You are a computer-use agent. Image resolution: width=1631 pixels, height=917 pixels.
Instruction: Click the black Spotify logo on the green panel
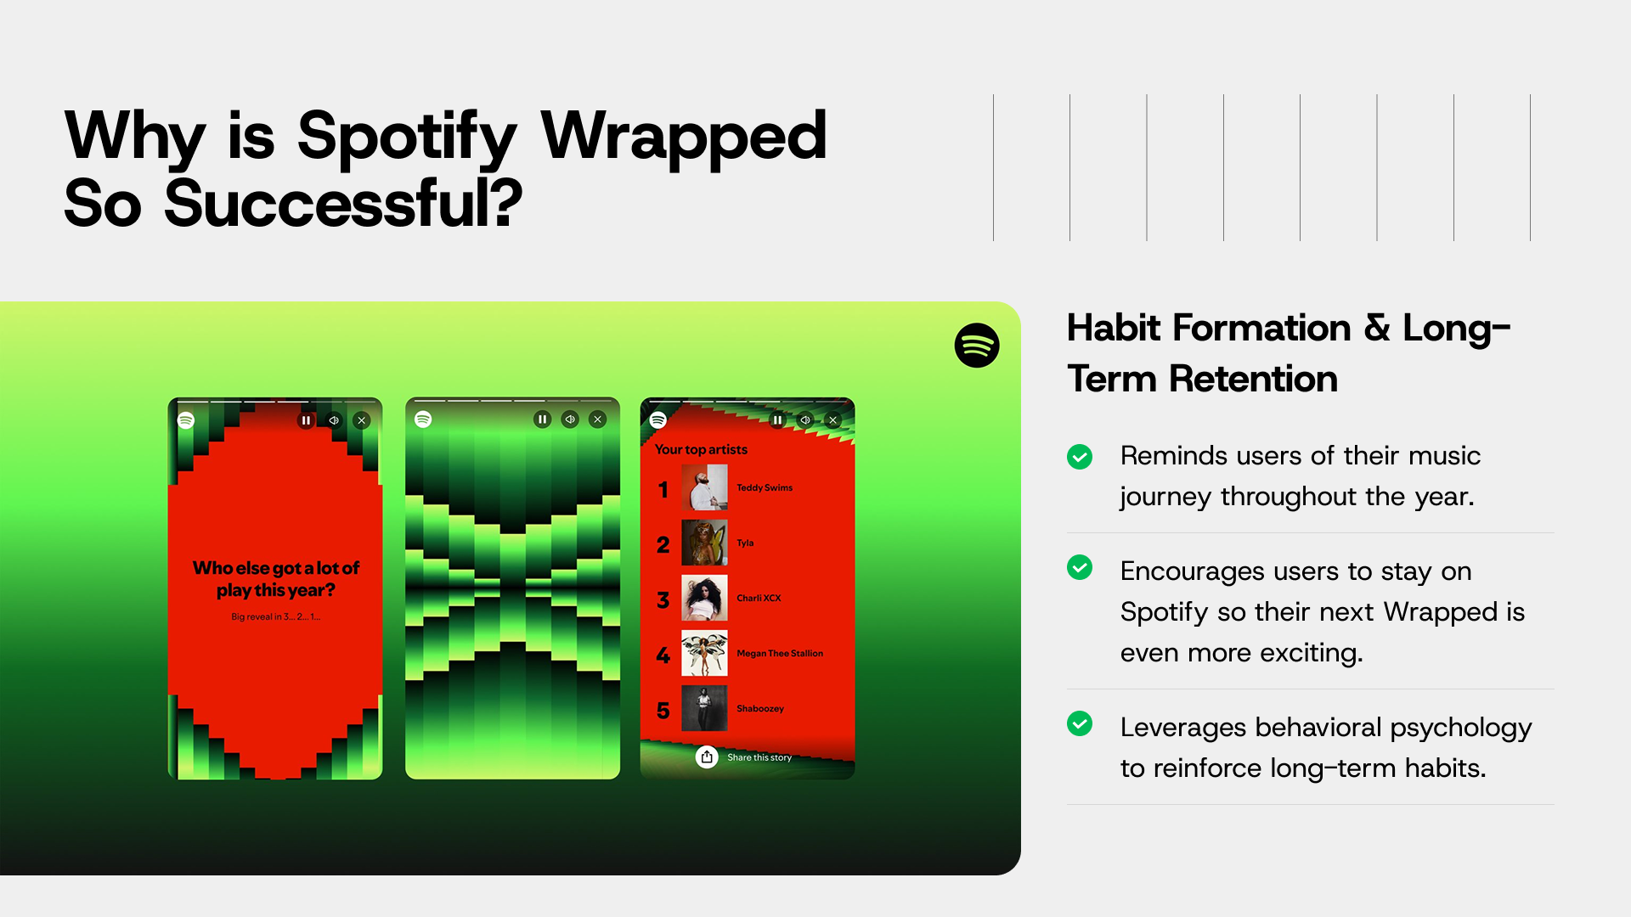(977, 346)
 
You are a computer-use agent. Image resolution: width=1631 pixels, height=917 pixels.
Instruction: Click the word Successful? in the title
(343, 204)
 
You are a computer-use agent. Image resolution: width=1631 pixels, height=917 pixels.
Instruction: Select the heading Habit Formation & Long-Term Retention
(1289, 353)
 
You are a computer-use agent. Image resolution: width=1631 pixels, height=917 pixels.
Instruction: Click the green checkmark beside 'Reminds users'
(1080, 457)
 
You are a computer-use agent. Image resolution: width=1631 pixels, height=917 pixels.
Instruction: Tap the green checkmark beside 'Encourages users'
(1080, 567)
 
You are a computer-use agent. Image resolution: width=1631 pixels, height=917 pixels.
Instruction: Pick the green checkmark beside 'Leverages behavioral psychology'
(1080, 723)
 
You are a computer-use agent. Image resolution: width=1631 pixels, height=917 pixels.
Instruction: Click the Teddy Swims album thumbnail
(704, 487)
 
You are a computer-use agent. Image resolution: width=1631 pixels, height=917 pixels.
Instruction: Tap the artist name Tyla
(745, 543)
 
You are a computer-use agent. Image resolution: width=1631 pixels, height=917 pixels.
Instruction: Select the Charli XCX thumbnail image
(704, 598)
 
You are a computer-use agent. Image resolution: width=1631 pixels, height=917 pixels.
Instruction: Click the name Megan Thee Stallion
(780, 654)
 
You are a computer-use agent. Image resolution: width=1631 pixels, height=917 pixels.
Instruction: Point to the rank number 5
(663, 711)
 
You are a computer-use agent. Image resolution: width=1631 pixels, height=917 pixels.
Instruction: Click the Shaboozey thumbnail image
(704, 708)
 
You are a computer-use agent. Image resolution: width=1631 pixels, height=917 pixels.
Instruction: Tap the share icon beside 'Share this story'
(707, 757)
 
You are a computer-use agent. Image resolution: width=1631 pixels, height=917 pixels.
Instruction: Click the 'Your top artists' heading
(701, 450)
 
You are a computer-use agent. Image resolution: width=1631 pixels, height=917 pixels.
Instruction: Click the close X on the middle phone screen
(598, 419)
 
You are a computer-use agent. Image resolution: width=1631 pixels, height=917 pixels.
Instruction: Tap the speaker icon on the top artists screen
(805, 419)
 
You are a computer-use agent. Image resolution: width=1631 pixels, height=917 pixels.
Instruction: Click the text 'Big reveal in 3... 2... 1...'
(276, 617)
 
